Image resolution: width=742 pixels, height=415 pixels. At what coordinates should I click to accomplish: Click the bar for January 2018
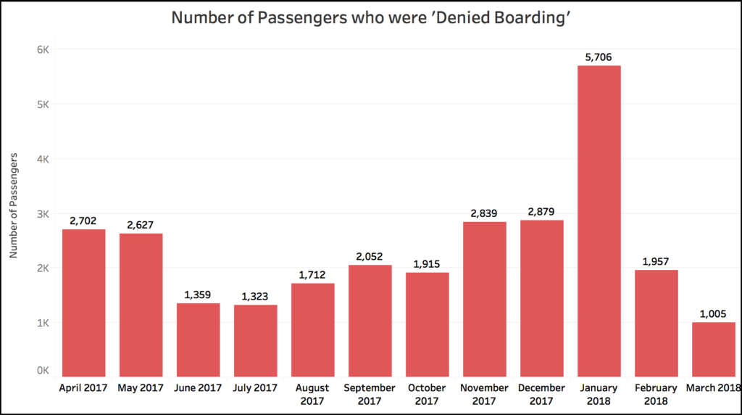click(x=599, y=221)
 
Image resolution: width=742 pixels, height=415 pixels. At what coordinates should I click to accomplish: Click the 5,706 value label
click(x=599, y=56)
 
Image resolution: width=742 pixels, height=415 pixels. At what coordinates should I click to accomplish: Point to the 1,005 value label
click(x=713, y=313)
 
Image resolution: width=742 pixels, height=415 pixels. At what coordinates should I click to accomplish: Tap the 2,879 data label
click(x=542, y=210)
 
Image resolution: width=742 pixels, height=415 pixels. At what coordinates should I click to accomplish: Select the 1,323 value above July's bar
click(x=256, y=295)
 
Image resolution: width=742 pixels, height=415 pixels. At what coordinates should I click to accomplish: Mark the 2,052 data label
click(x=370, y=256)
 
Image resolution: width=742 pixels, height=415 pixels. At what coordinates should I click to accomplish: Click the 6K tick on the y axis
click(x=43, y=49)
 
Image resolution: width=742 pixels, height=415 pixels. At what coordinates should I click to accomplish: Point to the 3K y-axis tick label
click(x=43, y=213)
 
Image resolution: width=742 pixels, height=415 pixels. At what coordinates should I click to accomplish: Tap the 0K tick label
click(x=43, y=371)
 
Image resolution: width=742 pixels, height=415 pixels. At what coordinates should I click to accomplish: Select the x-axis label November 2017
click(x=484, y=394)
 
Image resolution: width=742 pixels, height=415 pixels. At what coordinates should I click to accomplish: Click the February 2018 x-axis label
click(x=656, y=394)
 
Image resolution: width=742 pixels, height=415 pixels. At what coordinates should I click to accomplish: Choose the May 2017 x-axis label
click(x=141, y=388)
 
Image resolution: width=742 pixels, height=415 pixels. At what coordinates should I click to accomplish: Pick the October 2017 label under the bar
click(x=428, y=394)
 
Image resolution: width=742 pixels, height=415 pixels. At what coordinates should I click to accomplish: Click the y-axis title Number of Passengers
click(x=14, y=206)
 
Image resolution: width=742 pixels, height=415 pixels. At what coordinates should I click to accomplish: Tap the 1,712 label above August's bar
click(x=313, y=274)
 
